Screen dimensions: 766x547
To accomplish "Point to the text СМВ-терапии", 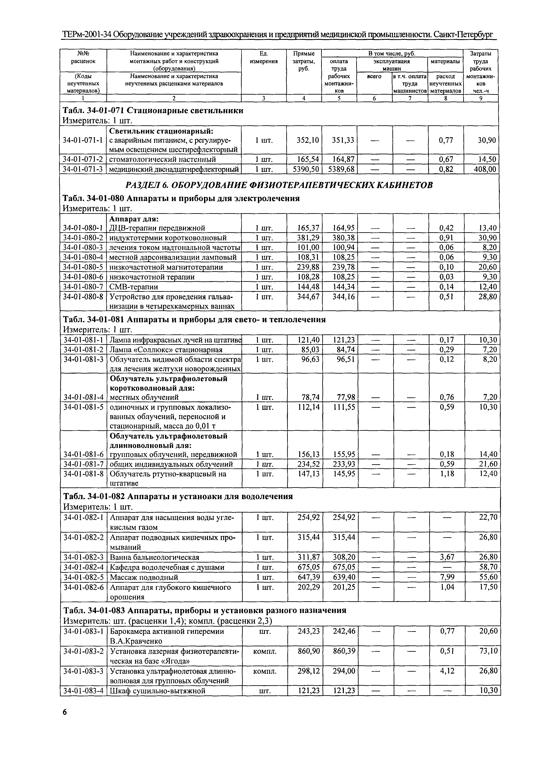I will [x=134, y=287].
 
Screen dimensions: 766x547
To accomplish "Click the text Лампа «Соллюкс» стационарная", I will [x=166, y=350].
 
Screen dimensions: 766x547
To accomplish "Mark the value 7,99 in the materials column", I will [x=447, y=577].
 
